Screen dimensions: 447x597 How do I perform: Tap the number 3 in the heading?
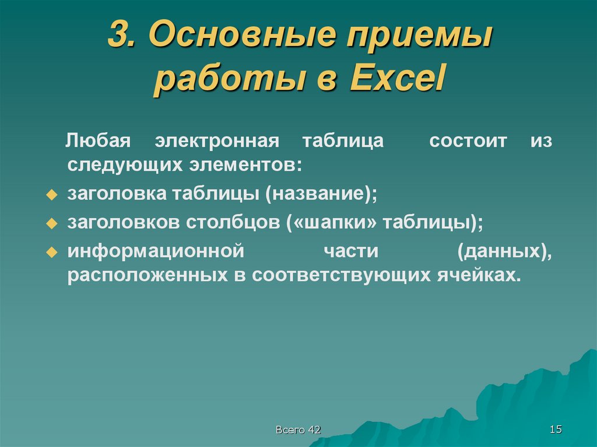pos(119,36)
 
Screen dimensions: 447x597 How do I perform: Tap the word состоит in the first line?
pos(468,141)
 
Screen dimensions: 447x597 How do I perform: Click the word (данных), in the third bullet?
pos(504,251)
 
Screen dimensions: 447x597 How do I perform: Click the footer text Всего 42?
pos(298,430)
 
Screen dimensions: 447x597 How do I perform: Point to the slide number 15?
pos(555,430)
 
